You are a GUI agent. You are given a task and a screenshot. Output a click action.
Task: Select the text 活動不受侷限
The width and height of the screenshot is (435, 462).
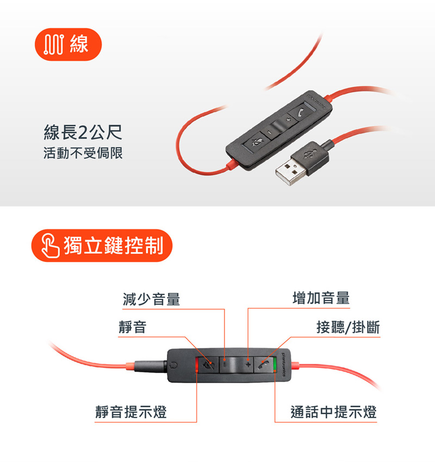(83, 153)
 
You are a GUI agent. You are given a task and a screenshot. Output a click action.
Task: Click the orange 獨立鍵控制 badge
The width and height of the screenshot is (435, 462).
(102, 246)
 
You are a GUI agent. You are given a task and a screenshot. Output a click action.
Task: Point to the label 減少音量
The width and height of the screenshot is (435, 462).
(151, 298)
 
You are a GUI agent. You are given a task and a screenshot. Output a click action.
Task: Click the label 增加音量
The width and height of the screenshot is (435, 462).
(321, 298)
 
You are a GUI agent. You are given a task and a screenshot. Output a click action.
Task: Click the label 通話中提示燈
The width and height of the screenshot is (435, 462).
(333, 412)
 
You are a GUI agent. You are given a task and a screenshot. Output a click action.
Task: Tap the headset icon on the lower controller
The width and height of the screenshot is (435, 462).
(173, 366)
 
